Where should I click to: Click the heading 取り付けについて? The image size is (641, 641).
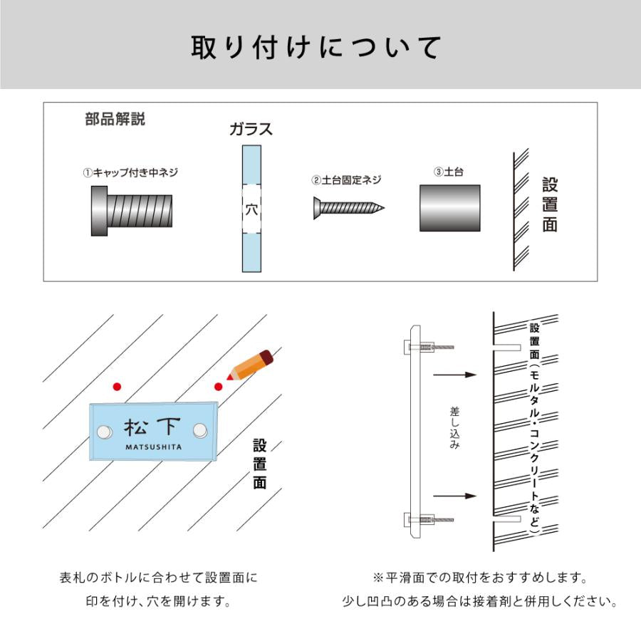pyautogui.click(x=316, y=48)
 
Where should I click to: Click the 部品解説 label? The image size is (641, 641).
pyautogui.click(x=115, y=119)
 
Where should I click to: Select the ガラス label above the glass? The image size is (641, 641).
pyautogui.click(x=251, y=129)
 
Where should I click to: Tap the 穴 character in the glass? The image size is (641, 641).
pyautogui.click(x=251, y=209)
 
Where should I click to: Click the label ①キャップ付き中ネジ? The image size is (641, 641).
pyautogui.click(x=130, y=172)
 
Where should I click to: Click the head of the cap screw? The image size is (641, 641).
pyautogui.click(x=99, y=211)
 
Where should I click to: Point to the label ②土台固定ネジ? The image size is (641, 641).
pyautogui.click(x=346, y=180)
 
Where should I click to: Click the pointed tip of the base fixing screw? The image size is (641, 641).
pyautogui.click(x=384, y=208)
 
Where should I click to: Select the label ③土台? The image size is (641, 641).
pyautogui.click(x=448, y=172)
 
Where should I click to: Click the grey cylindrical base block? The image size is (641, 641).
pyautogui.click(x=449, y=208)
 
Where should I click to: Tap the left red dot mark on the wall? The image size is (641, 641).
pyautogui.click(x=117, y=386)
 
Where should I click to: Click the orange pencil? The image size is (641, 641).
pyautogui.click(x=250, y=365)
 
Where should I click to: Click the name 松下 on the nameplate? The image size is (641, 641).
pyautogui.click(x=152, y=427)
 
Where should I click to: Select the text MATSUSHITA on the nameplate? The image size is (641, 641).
pyautogui.click(x=154, y=447)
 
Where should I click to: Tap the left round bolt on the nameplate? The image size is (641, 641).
pyautogui.click(x=105, y=432)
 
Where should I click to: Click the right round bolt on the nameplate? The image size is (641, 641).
pyautogui.click(x=200, y=430)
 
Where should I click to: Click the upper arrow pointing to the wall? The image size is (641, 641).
pyautogui.click(x=454, y=375)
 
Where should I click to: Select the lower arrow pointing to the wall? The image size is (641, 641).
pyautogui.click(x=454, y=496)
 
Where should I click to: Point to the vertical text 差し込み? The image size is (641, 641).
pyautogui.click(x=454, y=428)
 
